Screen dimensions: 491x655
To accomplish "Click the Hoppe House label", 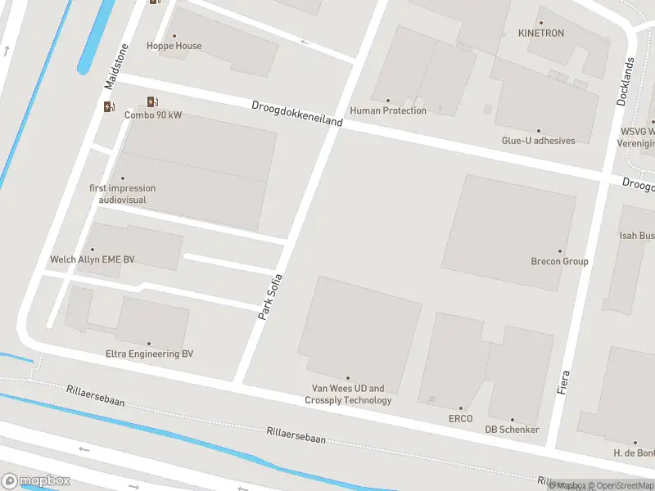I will point(174,46).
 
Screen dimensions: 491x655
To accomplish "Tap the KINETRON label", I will point(540,34).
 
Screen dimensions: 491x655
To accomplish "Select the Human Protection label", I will point(388,110).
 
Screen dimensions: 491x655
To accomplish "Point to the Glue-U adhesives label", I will point(538,141).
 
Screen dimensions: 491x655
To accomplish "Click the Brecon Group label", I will point(560,262).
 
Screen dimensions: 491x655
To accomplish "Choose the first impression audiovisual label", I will point(123,194).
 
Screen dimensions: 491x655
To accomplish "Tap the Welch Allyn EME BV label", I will point(93,259).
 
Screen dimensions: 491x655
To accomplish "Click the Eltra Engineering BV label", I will point(149,354).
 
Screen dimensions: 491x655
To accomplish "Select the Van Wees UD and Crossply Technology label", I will point(348,394).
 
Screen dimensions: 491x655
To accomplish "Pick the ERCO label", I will point(460,419).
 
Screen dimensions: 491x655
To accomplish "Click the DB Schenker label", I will point(513,430).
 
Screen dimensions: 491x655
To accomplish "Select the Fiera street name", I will point(563,382).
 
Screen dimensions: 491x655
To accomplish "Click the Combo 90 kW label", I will point(153,115).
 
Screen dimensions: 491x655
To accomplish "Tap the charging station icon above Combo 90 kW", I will point(151,101).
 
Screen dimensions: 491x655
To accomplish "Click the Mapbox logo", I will point(34,481).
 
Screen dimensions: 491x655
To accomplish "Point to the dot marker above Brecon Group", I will point(560,251).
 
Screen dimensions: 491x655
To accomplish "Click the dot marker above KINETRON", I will point(540,23).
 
